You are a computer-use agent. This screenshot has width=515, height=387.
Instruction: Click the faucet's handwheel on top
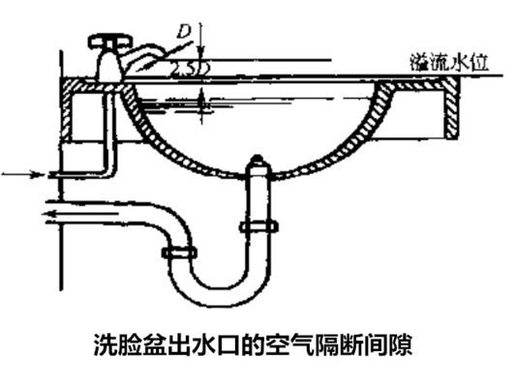(110, 42)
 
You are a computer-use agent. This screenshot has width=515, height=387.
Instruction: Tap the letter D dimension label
(184, 32)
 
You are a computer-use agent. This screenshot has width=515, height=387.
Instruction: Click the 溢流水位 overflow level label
(449, 62)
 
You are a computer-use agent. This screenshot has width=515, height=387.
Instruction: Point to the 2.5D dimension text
(191, 68)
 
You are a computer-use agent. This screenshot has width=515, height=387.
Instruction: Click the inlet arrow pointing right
(23, 174)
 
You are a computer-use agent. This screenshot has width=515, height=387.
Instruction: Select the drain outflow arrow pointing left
(80, 214)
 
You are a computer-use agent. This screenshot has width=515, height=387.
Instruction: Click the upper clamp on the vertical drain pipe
(258, 226)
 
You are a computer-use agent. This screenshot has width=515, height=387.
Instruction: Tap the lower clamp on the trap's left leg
(179, 253)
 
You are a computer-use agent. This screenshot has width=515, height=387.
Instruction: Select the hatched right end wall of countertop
(451, 108)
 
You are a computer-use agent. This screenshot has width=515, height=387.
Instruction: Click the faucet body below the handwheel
(107, 64)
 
